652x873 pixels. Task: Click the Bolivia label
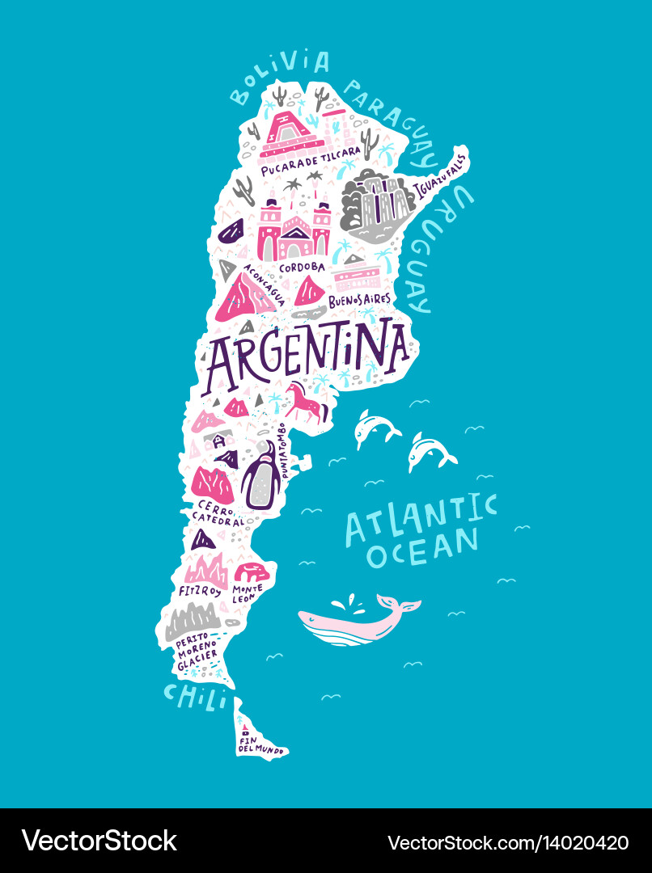tap(279, 78)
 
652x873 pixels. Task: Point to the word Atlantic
tap(421, 517)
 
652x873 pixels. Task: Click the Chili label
tap(194, 695)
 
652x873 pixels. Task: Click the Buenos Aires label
tap(359, 300)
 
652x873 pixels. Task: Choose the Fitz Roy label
tap(199, 592)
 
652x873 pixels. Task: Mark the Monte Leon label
tap(248, 594)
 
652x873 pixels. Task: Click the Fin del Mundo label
tap(260, 744)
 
